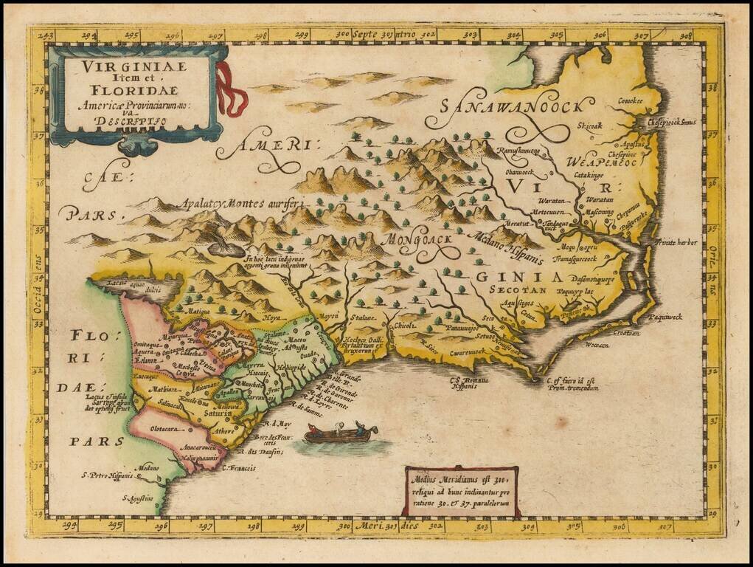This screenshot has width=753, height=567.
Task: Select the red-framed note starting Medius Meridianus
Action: [x=460, y=488]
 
